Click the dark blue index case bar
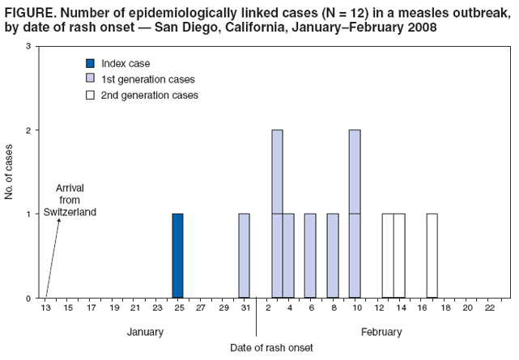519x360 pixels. tap(177, 256)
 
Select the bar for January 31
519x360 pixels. tap(245, 256)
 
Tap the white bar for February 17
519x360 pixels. tap(432, 256)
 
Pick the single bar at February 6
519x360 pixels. tap(310, 256)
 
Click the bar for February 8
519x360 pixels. tap(333, 256)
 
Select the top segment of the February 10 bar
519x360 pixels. tap(355, 172)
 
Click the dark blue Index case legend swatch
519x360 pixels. tap(91, 63)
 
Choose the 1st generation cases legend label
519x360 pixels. tap(148, 79)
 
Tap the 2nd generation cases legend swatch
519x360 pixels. tap(91, 95)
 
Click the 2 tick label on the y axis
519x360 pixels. tap(28, 130)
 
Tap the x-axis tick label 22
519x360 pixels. tap(489, 308)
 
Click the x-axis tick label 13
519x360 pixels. tap(46, 308)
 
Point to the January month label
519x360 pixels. tap(145, 332)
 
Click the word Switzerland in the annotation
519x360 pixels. tap(70, 212)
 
